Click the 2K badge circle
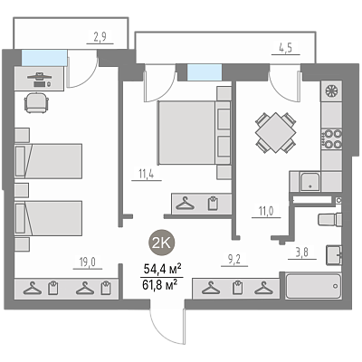(162, 242)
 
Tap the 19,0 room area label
(88, 262)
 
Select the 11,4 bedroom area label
(147, 174)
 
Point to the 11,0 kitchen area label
(266, 211)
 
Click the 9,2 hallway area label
(234, 259)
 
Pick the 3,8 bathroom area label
(301, 252)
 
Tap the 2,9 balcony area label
(100, 37)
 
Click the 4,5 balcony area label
(285, 48)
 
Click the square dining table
(275, 133)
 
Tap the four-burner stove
(331, 138)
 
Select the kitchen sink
(310, 182)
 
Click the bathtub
(313, 286)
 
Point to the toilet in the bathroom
(330, 219)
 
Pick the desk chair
(36, 102)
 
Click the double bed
(194, 133)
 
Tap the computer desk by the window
(39, 79)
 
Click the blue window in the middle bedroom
(205, 72)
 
